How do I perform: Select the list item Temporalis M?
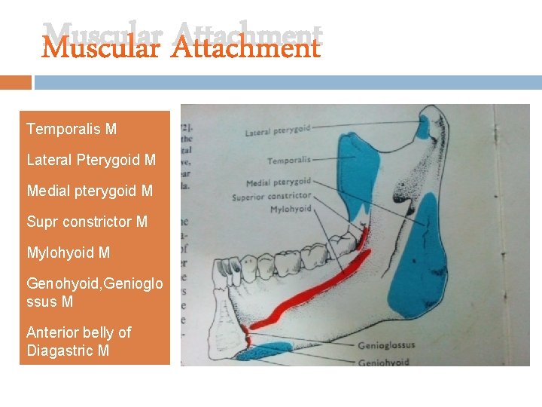click(72, 129)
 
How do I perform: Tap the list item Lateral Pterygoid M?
click(91, 160)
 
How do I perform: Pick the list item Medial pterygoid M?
click(90, 191)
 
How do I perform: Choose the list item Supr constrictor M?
click(87, 222)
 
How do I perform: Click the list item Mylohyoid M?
click(68, 252)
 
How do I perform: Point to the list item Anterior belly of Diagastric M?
click(78, 341)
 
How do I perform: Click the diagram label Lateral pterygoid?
click(277, 132)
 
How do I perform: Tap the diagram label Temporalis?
click(289, 160)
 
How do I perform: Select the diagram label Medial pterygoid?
click(279, 182)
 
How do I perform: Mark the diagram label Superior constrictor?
click(272, 197)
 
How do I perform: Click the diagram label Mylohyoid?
click(291, 209)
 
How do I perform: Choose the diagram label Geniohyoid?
click(382, 362)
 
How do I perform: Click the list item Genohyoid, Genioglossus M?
click(94, 292)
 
